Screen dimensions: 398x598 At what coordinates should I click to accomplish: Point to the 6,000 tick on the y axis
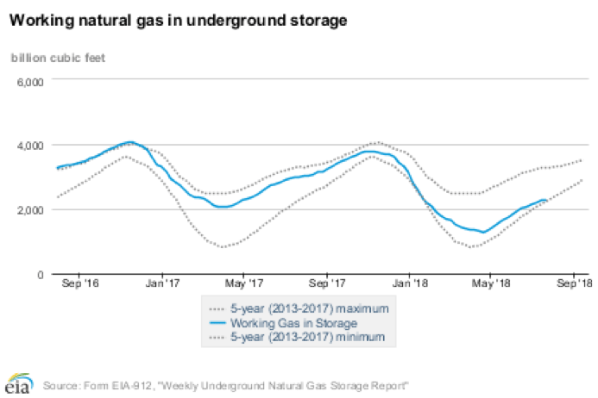(x=30, y=81)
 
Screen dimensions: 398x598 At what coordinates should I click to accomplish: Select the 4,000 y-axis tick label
(x=30, y=145)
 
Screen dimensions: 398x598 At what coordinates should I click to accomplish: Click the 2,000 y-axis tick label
(x=30, y=209)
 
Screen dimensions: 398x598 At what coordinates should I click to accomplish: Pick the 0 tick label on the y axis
(x=40, y=274)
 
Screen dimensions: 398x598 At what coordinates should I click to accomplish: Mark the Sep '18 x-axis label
(x=574, y=283)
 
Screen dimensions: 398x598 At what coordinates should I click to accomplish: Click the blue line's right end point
(x=546, y=200)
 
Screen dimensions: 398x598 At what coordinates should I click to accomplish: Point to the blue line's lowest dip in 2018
(x=484, y=232)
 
